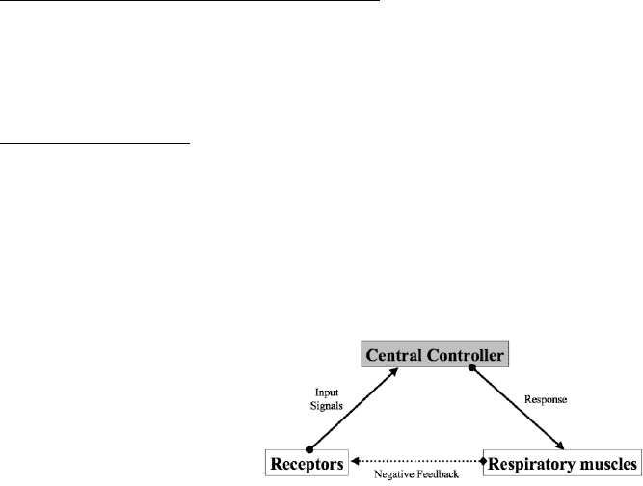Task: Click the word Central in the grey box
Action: pyautogui.click(x=393, y=355)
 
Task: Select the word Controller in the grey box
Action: pyautogui.click(x=465, y=355)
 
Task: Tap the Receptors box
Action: pyautogui.click(x=307, y=463)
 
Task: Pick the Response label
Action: pyautogui.click(x=546, y=399)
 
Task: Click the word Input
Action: pyautogui.click(x=327, y=392)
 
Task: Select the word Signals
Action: pyautogui.click(x=327, y=406)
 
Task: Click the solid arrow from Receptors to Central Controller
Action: pyautogui.click(x=354, y=409)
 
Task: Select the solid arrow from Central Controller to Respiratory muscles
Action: pyautogui.click(x=518, y=408)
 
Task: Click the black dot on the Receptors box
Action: pyautogui.click(x=309, y=449)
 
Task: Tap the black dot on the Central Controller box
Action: pyautogui.click(x=472, y=367)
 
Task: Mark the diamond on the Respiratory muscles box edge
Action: pyautogui.click(x=484, y=461)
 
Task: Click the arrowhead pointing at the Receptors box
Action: pyautogui.click(x=355, y=461)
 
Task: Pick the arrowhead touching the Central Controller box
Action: pyautogui.click(x=394, y=371)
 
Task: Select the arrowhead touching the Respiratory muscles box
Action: pyautogui.click(x=560, y=445)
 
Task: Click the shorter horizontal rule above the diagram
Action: pyautogui.click(x=94, y=143)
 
